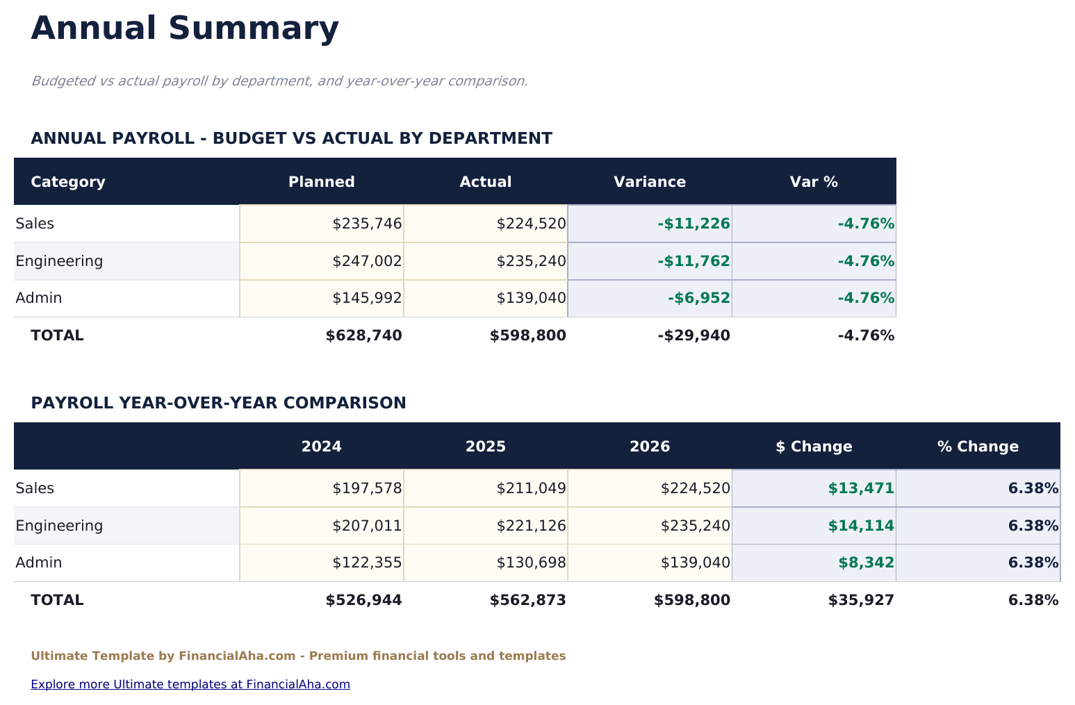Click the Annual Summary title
click(185, 29)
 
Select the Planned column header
click(321, 182)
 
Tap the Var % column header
click(813, 182)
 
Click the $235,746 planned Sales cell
click(367, 224)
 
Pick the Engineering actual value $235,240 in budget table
click(531, 261)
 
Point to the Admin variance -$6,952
click(698, 298)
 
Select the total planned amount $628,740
click(363, 335)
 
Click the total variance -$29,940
click(694, 335)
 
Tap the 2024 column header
click(321, 447)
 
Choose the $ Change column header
click(813, 447)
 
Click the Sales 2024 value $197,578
click(367, 488)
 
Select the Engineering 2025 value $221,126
click(531, 526)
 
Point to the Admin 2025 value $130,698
click(531, 563)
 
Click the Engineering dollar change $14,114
click(860, 526)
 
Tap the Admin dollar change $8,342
click(866, 563)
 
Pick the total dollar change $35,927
click(860, 600)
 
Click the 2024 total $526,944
click(363, 600)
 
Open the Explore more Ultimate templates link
click(190, 684)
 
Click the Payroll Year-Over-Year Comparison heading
click(218, 403)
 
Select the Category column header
click(68, 182)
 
